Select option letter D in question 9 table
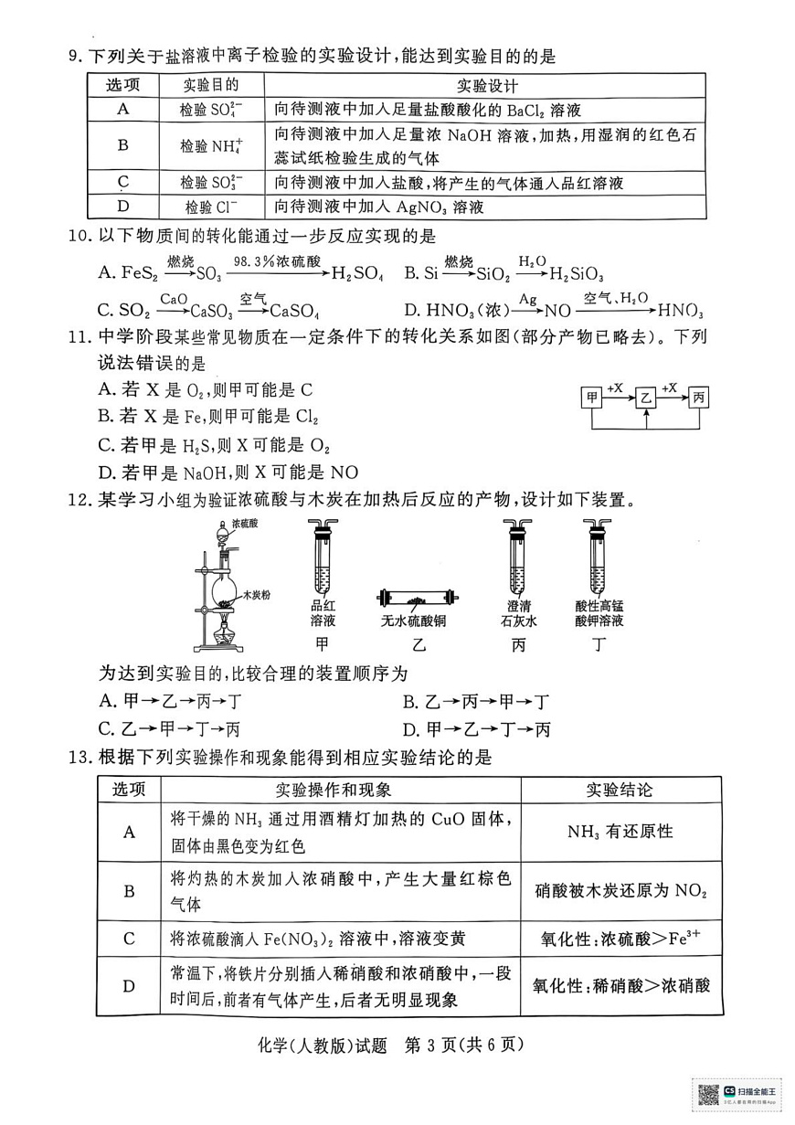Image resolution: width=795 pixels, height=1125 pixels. click(122, 207)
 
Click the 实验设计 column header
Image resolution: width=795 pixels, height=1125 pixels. click(484, 86)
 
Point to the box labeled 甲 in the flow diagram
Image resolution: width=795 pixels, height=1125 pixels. click(592, 398)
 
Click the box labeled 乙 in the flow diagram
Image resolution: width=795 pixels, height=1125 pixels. click(646, 398)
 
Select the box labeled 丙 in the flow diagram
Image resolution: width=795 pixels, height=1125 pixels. click(699, 398)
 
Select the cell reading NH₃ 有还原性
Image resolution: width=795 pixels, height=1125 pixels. click(620, 832)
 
